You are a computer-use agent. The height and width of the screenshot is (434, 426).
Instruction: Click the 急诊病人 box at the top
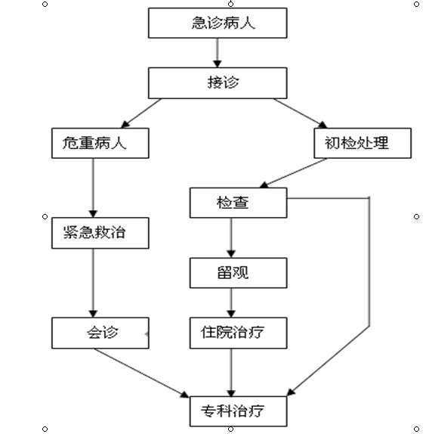[218, 23]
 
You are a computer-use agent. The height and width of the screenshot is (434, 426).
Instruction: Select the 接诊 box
[218, 83]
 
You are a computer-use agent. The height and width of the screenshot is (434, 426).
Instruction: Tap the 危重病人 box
[100, 143]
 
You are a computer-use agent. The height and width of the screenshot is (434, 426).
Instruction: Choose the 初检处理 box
[363, 143]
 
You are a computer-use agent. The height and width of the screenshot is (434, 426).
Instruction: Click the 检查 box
[238, 203]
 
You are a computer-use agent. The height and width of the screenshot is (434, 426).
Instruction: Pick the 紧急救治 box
[100, 233]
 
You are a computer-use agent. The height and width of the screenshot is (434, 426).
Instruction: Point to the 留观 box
[238, 273]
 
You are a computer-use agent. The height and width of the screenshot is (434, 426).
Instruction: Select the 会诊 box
[100, 333]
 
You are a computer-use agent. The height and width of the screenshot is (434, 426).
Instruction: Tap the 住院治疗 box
[238, 333]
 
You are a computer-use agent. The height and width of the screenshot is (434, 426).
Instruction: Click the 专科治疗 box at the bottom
[238, 411]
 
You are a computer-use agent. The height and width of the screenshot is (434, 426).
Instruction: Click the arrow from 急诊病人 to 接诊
[218, 53]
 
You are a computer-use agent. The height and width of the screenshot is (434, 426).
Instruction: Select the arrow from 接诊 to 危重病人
[141, 113]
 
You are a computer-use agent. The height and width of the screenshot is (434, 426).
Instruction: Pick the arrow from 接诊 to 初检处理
[300, 113]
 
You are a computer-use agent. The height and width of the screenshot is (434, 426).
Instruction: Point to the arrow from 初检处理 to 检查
[293, 173]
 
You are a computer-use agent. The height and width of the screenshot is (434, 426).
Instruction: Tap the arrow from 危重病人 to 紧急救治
[93, 188]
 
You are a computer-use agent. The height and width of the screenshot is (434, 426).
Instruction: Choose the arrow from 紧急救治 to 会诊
[93, 283]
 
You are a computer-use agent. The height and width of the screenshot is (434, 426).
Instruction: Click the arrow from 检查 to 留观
[231, 238]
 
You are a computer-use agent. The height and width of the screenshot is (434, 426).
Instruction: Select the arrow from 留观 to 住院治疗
[231, 303]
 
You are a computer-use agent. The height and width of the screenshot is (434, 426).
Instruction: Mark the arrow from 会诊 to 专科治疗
[141, 373]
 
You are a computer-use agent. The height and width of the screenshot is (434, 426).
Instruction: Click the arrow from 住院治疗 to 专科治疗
[231, 373]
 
